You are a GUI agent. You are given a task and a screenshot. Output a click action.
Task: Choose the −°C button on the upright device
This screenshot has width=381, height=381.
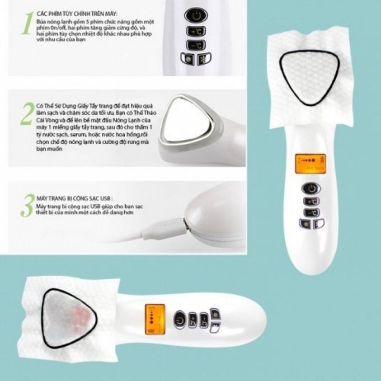click(311, 212)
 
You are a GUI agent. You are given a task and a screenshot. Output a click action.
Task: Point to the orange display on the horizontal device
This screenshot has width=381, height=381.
click(152, 316)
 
